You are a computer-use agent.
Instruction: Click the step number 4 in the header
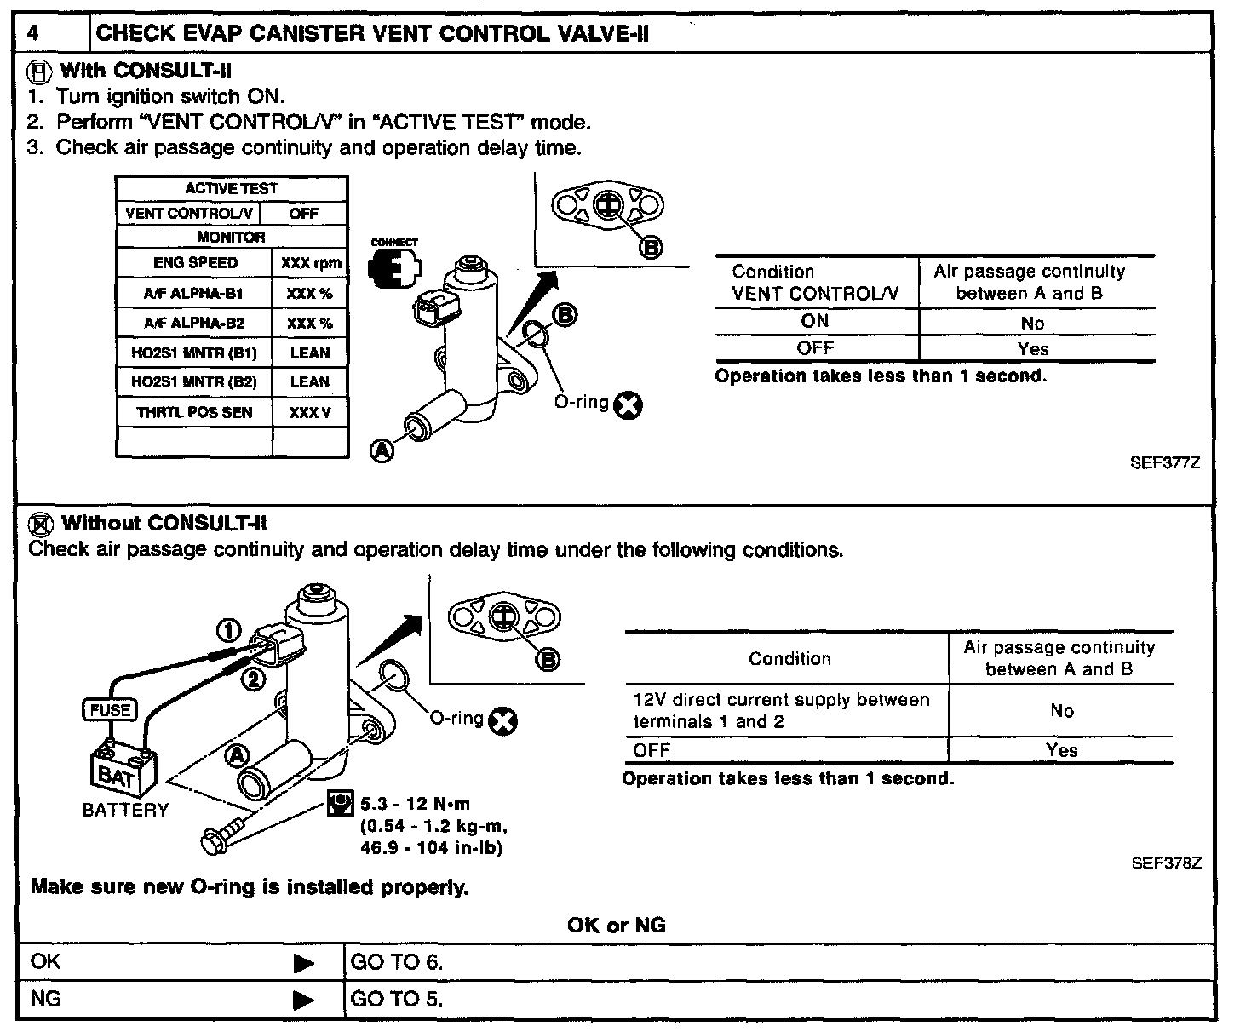point(33,34)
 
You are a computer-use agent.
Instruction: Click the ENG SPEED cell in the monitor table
point(195,263)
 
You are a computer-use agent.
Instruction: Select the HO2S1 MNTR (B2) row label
point(194,382)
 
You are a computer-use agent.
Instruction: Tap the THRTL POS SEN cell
point(194,413)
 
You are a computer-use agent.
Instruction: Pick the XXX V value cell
point(309,413)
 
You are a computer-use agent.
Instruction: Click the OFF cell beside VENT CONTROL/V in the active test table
point(303,214)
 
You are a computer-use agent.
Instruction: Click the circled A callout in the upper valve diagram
point(382,450)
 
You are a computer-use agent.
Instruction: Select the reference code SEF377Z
point(1165,463)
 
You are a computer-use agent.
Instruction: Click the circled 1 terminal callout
point(227,630)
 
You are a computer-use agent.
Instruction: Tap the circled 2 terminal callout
point(254,679)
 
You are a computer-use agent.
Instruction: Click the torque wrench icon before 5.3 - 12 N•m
point(340,803)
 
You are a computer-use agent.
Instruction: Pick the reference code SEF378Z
point(1166,863)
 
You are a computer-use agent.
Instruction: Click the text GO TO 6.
point(397,963)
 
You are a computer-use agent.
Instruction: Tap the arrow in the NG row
point(303,1000)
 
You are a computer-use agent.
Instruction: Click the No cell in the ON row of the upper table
point(1032,323)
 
